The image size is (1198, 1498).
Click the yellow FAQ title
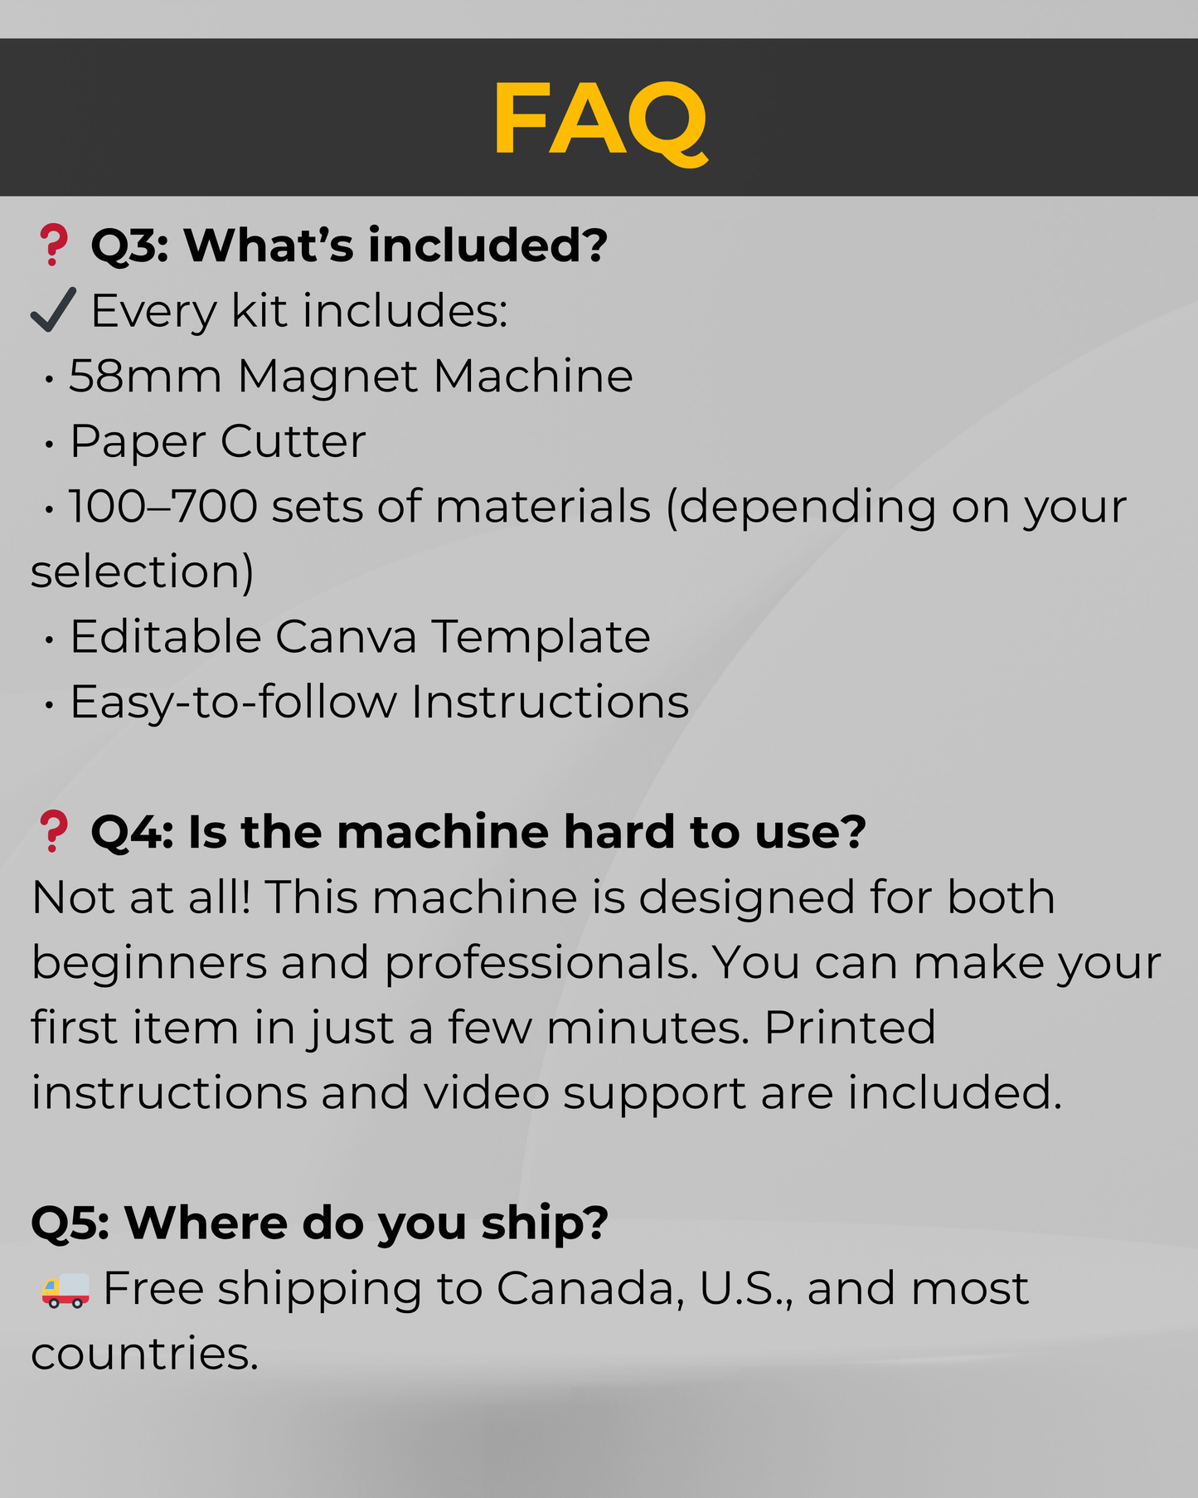tap(599, 119)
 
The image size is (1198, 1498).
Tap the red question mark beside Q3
tap(54, 246)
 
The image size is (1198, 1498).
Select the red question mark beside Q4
tap(54, 832)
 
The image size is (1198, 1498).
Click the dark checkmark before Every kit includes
tap(53, 310)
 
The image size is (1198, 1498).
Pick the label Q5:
tap(70, 1223)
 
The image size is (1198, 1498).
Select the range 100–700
tap(163, 506)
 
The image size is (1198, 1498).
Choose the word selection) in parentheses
tap(143, 571)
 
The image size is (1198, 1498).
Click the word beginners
tap(149, 964)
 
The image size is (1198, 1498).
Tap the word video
tap(487, 1093)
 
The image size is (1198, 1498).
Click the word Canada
tap(591, 1289)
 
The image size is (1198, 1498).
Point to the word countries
tap(144, 1354)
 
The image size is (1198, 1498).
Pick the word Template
tap(541, 637)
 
